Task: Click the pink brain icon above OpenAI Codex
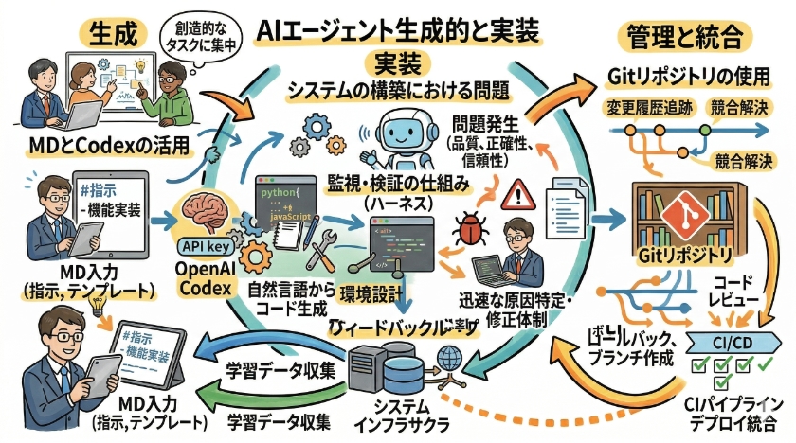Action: point(203,214)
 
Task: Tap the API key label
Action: point(202,247)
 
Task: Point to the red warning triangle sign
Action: point(518,196)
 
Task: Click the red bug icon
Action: point(469,230)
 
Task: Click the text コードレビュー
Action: point(730,291)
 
